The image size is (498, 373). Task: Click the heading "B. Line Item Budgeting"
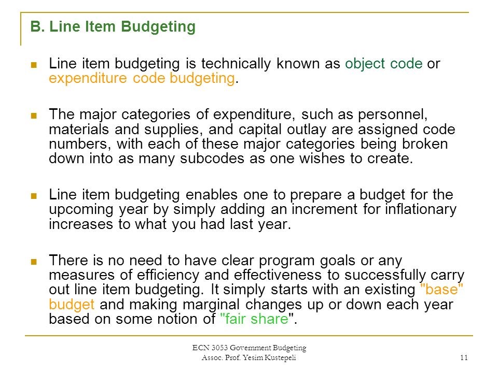113,27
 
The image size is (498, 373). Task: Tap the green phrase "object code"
384,64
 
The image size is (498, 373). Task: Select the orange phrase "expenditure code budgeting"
142,79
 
